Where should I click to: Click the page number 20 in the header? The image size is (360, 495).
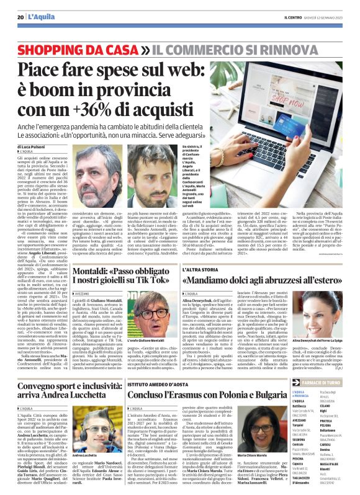point(20,17)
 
